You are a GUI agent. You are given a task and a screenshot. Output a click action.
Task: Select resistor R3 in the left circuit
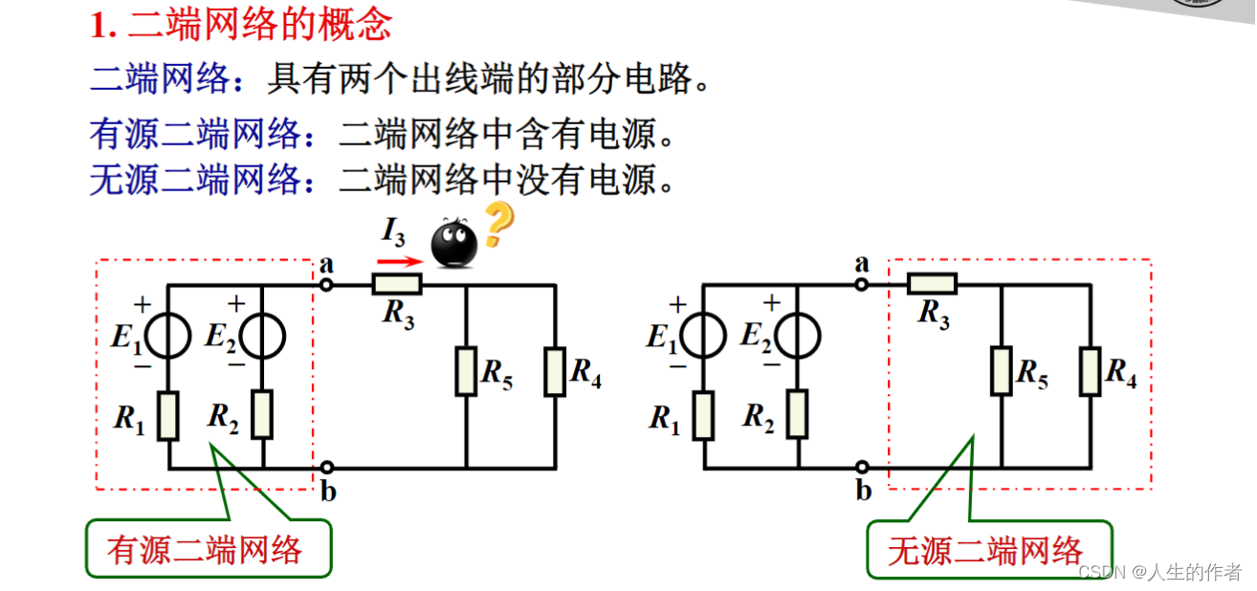pos(397,284)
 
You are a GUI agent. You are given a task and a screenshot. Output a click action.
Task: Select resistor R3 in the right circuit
pos(932,283)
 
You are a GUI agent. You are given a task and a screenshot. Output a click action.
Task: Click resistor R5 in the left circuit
pos(466,372)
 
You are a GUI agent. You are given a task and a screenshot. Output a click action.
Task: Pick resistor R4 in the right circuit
pos(1091,372)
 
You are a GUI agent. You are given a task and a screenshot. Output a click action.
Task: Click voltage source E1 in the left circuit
pos(168,337)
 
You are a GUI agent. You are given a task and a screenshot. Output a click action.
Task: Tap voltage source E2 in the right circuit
pos(797,337)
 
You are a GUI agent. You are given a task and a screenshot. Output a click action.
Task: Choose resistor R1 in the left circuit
pos(168,416)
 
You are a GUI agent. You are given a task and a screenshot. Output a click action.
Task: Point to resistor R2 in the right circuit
pos(797,414)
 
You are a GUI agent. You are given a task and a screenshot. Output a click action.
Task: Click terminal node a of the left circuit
pos(326,284)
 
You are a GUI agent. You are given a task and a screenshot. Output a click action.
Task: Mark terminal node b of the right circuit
pos(862,468)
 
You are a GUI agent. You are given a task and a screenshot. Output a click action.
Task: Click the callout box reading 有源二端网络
pos(208,549)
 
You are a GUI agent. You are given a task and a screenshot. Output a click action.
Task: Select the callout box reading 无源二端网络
pos(989,550)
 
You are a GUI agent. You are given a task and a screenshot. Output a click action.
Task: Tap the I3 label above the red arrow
pos(393,232)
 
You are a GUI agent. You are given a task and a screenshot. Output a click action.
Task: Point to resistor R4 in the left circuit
pos(555,372)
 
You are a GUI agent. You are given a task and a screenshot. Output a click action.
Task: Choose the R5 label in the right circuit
pos(1030,372)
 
